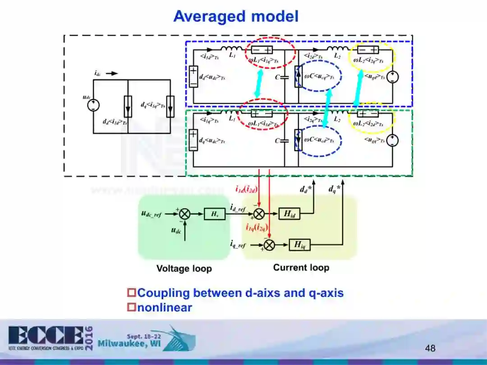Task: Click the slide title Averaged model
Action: [236, 17]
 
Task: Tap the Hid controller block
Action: [289, 214]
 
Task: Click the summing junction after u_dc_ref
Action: [184, 214]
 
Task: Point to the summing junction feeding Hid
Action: [259, 214]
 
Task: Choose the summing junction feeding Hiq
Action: [269, 245]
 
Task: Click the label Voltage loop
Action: [184, 269]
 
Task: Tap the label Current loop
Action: [301, 268]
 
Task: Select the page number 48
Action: [430, 348]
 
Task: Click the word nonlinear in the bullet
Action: [165, 308]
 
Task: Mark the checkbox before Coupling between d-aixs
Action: [132, 293]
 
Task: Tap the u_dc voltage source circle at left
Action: [93, 105]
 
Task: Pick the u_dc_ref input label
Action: [151, 214]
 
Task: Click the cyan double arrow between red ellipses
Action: [258, 83]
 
